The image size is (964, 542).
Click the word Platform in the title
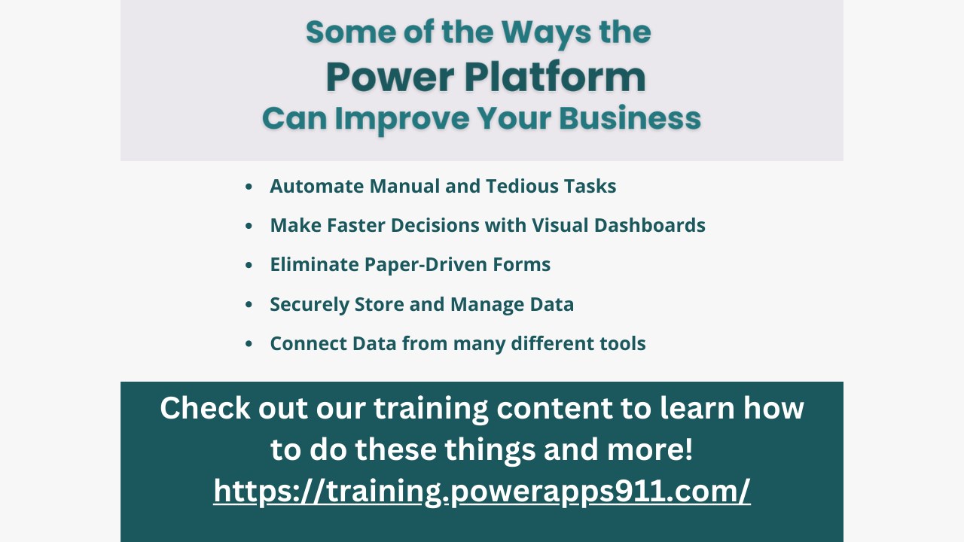tap(555, 78)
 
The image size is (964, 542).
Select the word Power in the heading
tap(390, 78)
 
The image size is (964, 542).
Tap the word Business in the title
tap(630, 118)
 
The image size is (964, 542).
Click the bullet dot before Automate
tap(249, 187)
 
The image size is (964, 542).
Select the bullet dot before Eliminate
tap(249, 265)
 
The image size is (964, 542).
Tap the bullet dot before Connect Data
tap(249, 344)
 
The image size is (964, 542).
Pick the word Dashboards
tap(650, 225)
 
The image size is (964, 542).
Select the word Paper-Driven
tap(426, 265)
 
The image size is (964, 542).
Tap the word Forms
tap(522, 264)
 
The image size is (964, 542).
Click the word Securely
tap(310, 305)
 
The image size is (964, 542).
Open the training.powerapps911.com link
tap(482, 492)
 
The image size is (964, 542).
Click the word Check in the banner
tap(205, 408)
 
